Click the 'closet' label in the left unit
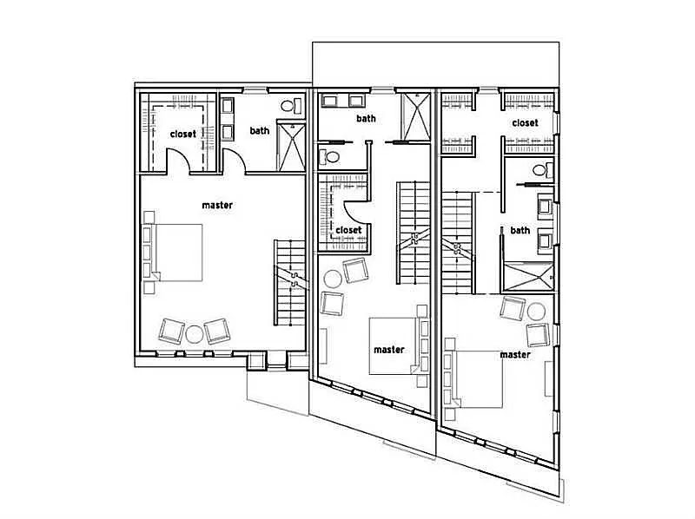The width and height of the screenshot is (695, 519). (182, 134)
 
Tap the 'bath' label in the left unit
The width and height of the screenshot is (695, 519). (259, 131)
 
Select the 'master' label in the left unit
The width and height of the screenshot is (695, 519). (216, 205)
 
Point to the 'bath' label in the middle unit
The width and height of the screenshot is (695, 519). (366, 118)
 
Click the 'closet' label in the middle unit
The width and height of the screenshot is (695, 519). (347, 230)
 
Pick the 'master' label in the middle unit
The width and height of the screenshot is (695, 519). (388, 350)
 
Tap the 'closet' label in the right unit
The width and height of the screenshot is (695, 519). (525, 123)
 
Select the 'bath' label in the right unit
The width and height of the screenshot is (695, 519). (520, 230)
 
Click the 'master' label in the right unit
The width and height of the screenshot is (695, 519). (514, 354)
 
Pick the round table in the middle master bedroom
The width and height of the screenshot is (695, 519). (334, 279)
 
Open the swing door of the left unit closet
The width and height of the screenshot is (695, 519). (178, 161)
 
